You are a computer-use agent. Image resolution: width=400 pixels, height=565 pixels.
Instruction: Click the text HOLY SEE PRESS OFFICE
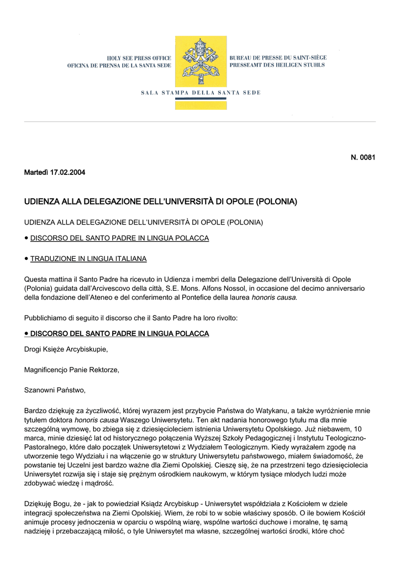[x=139, y=58]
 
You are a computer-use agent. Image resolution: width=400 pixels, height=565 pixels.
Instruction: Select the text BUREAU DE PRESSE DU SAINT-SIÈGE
[x=278, y=57]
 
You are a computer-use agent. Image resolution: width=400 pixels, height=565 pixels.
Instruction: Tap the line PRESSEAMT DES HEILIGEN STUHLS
[x=277, y=65]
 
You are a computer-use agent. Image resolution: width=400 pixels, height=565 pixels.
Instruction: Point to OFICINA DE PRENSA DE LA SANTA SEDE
[x=119, y=66]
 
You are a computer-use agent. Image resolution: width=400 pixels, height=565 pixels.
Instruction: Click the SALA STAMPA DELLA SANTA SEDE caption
[x=200, y=93]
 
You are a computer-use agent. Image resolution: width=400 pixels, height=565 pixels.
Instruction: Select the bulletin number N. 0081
[x=363, y=158]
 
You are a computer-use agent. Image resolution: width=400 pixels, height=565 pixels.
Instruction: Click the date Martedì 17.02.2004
[x=55, y=173]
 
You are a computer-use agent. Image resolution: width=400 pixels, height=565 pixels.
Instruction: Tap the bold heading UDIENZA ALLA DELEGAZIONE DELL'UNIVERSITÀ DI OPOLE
[x=160, y=202]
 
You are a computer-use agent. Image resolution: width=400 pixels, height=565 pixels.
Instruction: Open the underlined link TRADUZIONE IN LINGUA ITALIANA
[x=88, y=258]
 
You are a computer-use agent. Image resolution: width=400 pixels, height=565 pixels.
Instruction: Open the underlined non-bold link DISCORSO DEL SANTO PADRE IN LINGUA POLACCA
[x=119, y=238]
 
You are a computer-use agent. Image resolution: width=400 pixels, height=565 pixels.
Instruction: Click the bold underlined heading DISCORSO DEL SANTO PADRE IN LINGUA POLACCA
[x=119, y=334]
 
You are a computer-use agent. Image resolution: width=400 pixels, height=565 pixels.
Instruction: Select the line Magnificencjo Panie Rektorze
[x=72, y=370]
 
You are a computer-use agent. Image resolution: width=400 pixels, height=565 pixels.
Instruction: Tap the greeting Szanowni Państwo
[x=55, y=390]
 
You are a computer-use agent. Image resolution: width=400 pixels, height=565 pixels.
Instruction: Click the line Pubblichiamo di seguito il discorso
[x=131, y=318]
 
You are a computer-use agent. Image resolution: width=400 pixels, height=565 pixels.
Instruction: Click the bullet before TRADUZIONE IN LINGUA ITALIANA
[x=27, y=258]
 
